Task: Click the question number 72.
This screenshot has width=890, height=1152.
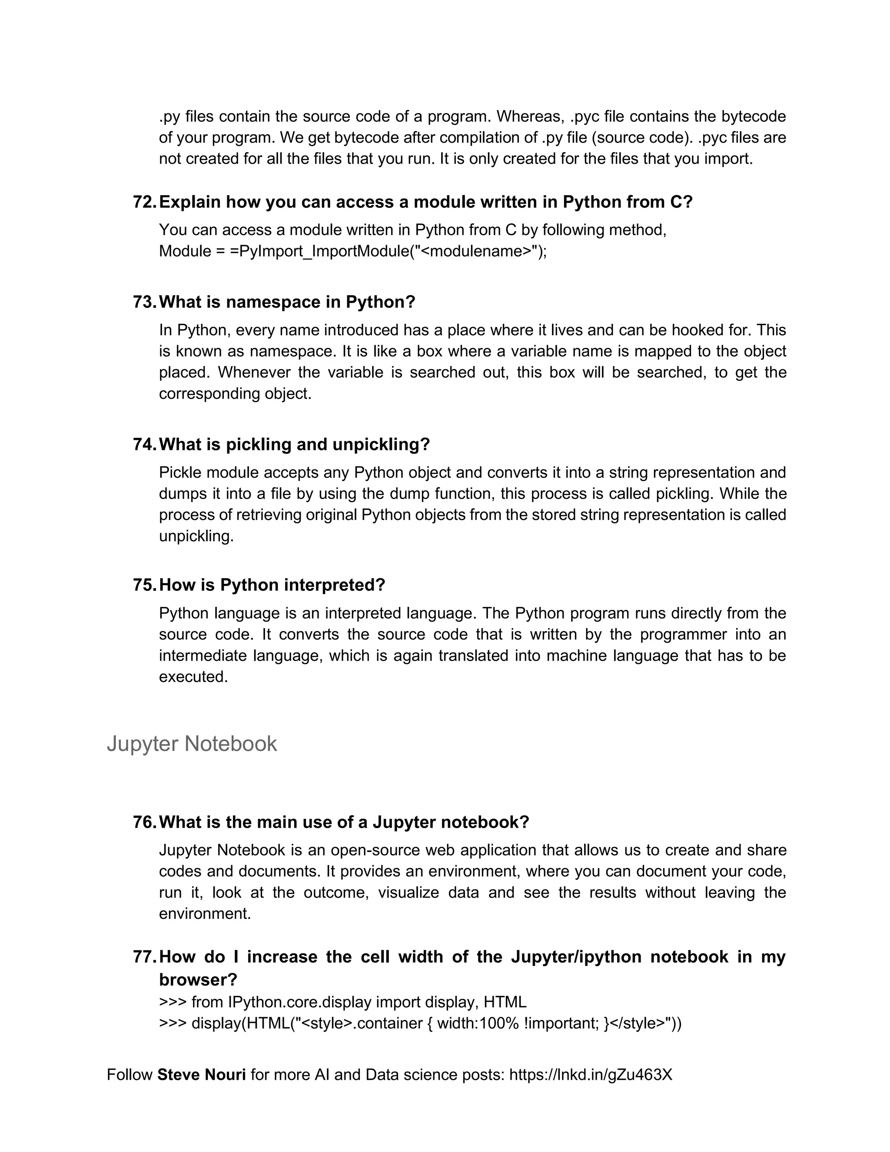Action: click(144, 202)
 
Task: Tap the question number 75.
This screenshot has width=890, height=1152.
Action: click(144, 585)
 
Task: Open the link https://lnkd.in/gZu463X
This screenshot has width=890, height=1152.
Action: click(591, 1075)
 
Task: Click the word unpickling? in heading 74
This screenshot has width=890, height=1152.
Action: click(381, 445)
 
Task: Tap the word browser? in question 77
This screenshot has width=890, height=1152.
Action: click(198, 979)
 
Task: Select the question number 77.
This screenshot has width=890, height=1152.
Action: click(144, 957)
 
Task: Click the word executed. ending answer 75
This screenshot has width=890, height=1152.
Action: click(193, 677)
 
